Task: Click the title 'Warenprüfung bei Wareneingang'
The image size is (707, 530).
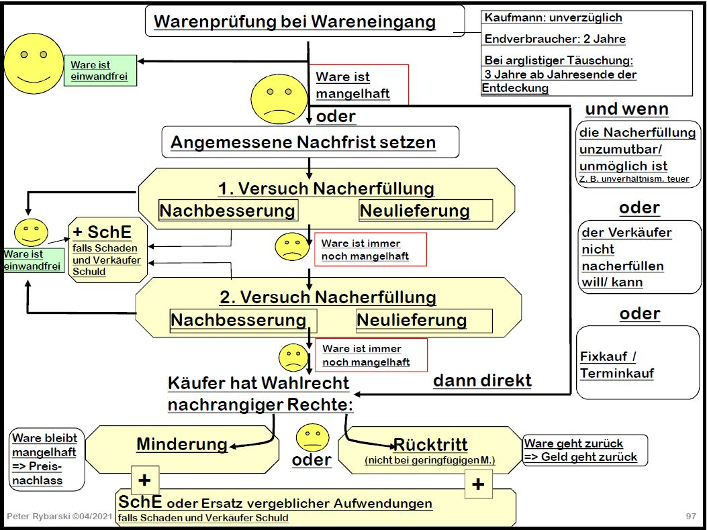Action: point(295,21)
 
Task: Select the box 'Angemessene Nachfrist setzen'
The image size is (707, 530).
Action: point(303,142)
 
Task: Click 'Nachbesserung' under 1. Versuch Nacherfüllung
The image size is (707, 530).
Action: point(227,211)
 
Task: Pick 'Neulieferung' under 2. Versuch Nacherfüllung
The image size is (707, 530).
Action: point(412,319)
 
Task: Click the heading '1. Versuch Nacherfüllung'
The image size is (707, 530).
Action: point(326,189)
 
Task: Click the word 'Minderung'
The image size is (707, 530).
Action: point(182,443)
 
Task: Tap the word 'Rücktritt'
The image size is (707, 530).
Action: point(430,444)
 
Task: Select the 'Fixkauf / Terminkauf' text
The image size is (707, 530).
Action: point(616,365)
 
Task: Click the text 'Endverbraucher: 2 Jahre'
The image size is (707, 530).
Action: point(555,40)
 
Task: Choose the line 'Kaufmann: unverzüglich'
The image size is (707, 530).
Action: point(553,18)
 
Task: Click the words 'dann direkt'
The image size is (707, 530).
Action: point(482,381)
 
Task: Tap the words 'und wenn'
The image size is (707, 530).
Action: point(626,109)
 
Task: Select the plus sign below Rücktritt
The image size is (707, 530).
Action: point(478,484)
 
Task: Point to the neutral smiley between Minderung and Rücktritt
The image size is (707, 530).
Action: point(312,437)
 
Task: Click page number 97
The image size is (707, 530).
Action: point(691,516)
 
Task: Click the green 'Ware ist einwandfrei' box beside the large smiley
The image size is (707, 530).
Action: point(99,71)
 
